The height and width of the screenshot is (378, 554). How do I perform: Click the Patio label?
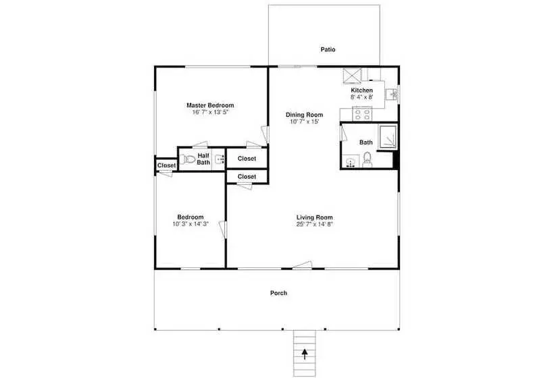(x=328, y=49)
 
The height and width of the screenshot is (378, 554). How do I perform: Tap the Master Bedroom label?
(x=210, y=105)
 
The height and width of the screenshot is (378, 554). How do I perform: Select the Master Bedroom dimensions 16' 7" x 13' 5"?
(x=210, y=112)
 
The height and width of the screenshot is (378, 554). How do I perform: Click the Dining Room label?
(x=304, y=115)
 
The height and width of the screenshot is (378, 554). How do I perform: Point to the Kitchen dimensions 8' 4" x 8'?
(x=362, y=97)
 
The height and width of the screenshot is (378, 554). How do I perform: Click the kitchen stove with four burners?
(x=363, y=114)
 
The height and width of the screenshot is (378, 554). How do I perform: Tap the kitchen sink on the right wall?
(x=392, y=94)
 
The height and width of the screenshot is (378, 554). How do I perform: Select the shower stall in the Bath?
(x=388, y=136)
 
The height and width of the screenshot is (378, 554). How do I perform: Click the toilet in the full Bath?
(x=367, y=160)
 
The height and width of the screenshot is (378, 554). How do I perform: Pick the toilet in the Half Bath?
(x=187, y=159)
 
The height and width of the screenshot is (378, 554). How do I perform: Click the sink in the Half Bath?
(x=220, y=159)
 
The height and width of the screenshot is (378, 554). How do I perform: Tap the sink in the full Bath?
(x=351, y=163)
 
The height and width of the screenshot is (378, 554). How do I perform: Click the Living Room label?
(x=314, y=217)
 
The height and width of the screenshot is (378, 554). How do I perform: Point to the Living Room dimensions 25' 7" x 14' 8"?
(x=314, y=224)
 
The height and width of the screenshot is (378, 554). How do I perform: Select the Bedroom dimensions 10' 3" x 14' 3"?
(x=191, y=224)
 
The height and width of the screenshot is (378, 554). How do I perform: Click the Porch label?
(x=278, y=293)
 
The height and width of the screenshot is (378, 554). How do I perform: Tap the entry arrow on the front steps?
(x=305, y=354)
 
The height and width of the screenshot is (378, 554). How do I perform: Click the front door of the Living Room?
(x=303, y=265)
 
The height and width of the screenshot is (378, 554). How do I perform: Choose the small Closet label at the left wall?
(x=166, y=165)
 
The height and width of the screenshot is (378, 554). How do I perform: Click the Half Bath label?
(x=203, y=159)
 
